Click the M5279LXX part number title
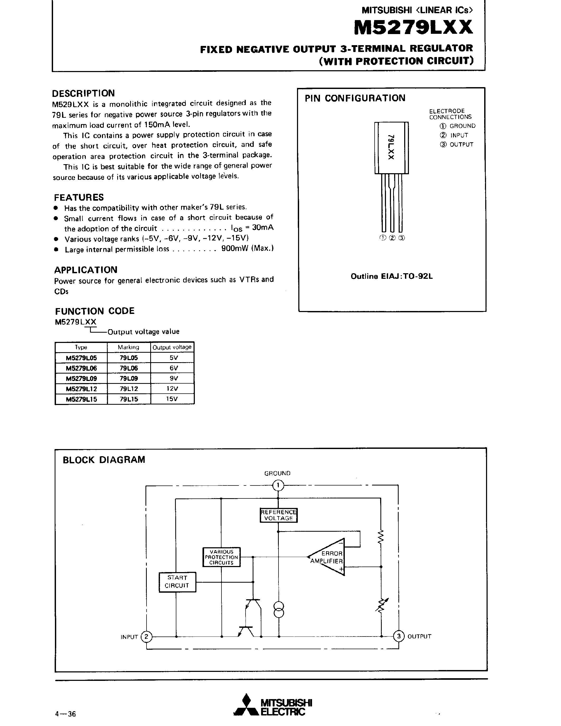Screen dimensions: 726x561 (x=413, y=28)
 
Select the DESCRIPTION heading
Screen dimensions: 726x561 (x=83, y=93)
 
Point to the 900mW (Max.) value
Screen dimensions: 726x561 (x=247, y=249)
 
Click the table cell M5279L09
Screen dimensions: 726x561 (x=81, y=378)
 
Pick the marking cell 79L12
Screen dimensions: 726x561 (x=129, y=389)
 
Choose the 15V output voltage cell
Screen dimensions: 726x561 (x=172, y=399)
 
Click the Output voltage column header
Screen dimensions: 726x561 (x=172, y=347)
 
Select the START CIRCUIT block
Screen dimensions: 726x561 (x=177, y=582)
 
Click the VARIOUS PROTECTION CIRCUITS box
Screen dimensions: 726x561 (x=221, y=557)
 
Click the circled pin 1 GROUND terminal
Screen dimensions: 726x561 (x=278, y=486)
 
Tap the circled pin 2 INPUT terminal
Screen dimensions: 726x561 (x=146, y=636)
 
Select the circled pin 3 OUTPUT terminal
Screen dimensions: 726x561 (x=398, y=636)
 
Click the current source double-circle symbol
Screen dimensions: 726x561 (x=279, y=609)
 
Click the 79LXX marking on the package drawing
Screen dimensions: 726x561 (x=391, y=147)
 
